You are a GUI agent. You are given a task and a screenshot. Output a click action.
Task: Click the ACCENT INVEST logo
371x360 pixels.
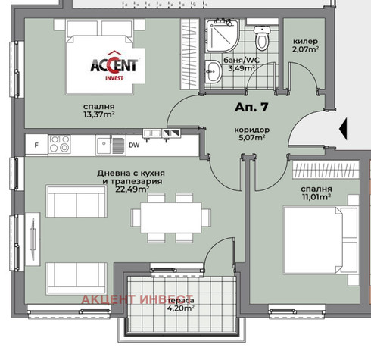114,66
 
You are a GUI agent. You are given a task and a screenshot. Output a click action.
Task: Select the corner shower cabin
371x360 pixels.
222,36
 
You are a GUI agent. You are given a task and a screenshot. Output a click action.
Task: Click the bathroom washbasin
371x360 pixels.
213,71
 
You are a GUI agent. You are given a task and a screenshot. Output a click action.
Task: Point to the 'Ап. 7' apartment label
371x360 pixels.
251,107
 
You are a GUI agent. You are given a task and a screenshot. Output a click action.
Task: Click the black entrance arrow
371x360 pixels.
343,129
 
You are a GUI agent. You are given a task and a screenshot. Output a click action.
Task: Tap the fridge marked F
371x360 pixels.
36,145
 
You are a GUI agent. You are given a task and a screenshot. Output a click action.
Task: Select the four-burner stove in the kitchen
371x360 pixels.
59,144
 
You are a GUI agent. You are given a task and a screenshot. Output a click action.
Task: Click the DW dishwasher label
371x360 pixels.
134,146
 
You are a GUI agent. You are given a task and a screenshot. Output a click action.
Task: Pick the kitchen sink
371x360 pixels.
111,145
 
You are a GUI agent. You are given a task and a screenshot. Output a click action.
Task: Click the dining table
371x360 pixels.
171,218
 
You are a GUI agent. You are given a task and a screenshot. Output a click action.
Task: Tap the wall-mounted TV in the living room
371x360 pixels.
33,239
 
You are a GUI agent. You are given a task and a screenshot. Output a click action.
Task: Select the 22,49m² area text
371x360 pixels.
132,189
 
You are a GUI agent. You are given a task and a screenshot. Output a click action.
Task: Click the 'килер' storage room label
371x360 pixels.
305,41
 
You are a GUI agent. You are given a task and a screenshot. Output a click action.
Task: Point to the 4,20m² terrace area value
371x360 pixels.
181,308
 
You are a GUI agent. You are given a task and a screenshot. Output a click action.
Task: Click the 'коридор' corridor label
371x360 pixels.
252,130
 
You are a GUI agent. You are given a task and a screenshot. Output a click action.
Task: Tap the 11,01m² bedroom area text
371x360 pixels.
316,197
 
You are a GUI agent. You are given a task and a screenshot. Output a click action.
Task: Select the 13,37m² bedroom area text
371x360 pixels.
99,114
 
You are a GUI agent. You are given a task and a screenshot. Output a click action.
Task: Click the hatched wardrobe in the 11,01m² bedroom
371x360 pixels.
326,170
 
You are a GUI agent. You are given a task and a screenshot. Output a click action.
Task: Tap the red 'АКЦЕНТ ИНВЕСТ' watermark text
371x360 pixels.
137,299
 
